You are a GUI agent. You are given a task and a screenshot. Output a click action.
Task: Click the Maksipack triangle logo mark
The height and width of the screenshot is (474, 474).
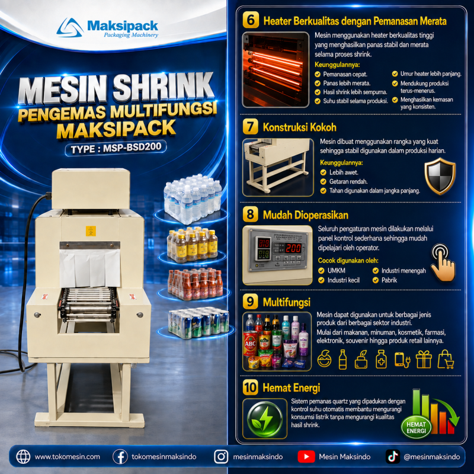click(70, 28)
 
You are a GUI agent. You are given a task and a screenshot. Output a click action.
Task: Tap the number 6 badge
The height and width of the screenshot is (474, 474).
click(251, 20)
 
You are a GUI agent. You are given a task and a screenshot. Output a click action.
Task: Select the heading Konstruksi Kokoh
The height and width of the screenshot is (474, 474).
click(299, 127)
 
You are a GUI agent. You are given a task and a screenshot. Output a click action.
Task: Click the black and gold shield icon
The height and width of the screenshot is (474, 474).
click(440, 176)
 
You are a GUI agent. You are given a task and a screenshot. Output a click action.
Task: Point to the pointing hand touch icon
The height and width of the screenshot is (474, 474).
click(443, 262)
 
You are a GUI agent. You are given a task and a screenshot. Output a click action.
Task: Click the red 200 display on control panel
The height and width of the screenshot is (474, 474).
click(293, 248)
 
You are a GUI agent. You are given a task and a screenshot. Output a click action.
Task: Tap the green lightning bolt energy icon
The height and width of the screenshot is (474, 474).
click(265, 419)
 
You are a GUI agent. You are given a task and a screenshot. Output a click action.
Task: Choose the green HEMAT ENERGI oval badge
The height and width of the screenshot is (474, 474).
click(416, 427)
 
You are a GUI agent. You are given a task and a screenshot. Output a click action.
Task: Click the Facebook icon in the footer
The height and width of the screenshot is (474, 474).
click(120, 456)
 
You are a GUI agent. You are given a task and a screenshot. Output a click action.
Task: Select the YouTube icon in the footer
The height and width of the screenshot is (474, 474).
click(306, 456)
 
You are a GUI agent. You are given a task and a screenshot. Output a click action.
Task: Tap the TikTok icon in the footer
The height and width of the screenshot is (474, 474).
click(393, 456)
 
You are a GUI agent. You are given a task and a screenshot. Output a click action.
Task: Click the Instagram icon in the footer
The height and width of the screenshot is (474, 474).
click(221, 456)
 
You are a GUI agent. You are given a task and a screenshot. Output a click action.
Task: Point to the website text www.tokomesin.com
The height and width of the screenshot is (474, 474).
click(67, 456)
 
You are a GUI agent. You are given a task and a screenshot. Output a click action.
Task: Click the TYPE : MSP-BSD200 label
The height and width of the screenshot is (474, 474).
click(116, 148)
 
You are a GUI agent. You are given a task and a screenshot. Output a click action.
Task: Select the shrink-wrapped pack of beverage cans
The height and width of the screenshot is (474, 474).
click(198, 322)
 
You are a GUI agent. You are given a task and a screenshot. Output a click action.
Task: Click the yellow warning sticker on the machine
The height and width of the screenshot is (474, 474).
click(91, 231)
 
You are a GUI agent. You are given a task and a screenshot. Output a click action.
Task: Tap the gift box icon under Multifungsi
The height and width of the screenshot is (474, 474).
click(424, 360)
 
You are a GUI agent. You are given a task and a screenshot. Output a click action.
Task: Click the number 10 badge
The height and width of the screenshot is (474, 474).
click(251, 387)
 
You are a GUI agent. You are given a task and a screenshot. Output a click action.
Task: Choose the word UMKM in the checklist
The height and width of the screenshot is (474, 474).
click(336, 271)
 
